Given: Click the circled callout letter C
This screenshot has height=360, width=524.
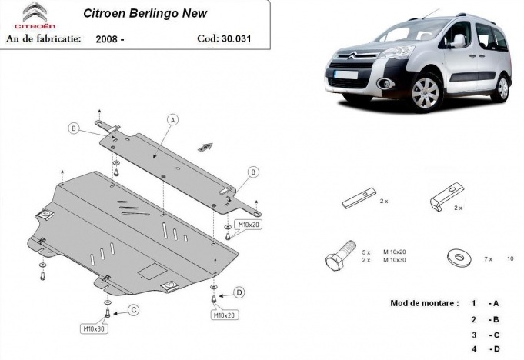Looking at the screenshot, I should (x=132, y=310).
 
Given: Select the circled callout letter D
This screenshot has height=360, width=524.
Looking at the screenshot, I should (x=239, y=292).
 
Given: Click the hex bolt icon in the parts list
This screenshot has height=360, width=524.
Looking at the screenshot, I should (x=340, y=258).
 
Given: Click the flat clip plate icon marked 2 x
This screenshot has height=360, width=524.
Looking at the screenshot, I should (x=358, y=198).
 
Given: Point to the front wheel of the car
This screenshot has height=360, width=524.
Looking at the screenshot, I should (x=425, y=92).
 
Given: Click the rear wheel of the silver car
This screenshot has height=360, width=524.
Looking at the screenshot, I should (x=501, y=88).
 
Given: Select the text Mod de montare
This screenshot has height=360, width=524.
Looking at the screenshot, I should (x=425, y=303).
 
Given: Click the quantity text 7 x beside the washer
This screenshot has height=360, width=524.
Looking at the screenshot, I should (x=487, y=258).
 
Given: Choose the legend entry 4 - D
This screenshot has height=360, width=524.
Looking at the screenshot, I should (x=485, y=350).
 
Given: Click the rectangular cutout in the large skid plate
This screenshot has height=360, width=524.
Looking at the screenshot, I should (x=151, y=271).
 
